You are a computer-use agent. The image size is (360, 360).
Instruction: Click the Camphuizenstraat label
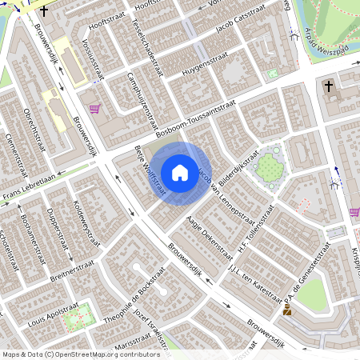click(141, 100)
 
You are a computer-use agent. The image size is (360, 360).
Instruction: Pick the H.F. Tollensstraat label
click(255, 230)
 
